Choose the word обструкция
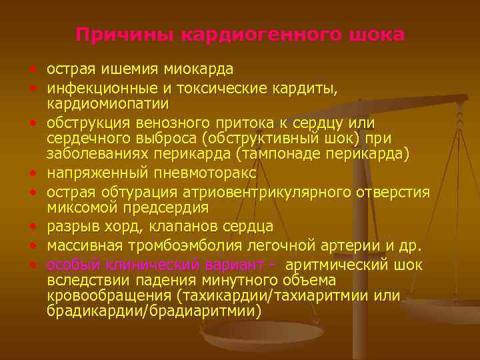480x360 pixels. [88, 123]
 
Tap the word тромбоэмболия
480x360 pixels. [178, 245]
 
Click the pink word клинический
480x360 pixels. [143, 263]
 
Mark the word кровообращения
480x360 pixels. [109, 295]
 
